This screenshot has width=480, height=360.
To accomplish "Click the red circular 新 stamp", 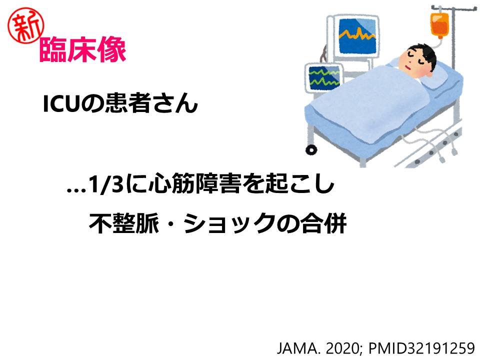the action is coord(26,25).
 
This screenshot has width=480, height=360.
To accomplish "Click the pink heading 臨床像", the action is coord(83,49).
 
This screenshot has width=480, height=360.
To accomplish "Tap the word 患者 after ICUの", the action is coord(128,103).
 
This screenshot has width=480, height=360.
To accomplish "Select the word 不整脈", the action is coord(124,223).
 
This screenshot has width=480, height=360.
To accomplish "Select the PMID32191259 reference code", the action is coord(421,348).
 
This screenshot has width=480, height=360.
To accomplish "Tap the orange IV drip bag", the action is coord(439,25).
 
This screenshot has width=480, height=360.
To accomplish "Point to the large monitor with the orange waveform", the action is coord(357,36).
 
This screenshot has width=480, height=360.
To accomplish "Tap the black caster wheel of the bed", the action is coord(311,149).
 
